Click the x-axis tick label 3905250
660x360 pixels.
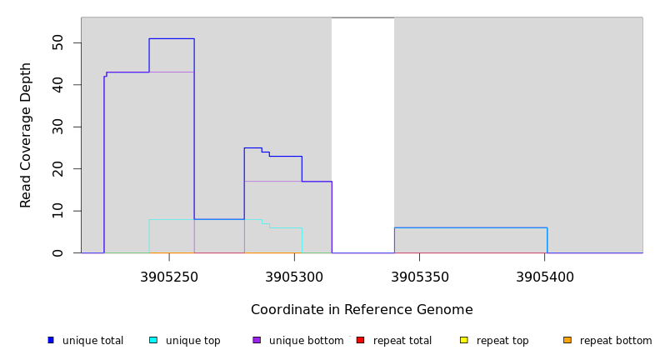pyautogui.click(x=169, y=277)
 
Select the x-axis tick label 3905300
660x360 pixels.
pyautogui.click(x=294, y=277)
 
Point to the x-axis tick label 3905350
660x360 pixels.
pyautogui.click(x=419, y=277)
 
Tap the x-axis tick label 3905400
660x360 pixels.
pyautogui.click(x=544, y=277)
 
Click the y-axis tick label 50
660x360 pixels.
pyautogui.click(x=57, y=42)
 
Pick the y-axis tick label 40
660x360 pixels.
pyautogui.click(x=57, y=85)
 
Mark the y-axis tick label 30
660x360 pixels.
pyautogui.click(x=57, y=127)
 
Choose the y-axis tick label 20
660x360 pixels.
pyautogui.click(x=57, y=168)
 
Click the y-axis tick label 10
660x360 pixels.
pyautogui.click(x=57, y=211)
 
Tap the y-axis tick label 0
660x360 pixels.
pyautogui.click(x=57, y=252)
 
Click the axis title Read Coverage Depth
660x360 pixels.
pyautogui.click(x=26, y=135)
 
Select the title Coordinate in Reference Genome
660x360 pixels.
pyautogui.click(x=362, y=310)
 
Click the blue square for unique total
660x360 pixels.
pyautogui.click(x=51, y=340)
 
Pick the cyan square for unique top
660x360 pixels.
pyautogui.click(x=153, y=340)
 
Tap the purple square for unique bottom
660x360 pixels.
pyautogui.click(x=257, y=340)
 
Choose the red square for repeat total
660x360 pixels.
pyautogui.click(x=360, y=340)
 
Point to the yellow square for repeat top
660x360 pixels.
pyautogui.click(x=463, y=340)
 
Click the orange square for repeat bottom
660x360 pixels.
pyautogui.click(x=567, y=340)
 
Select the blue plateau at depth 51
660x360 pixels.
pyautogui.click(x=172, y=38)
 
